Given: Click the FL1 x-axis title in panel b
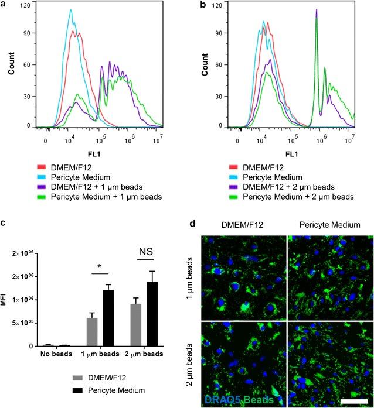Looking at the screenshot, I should (293, 156).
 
